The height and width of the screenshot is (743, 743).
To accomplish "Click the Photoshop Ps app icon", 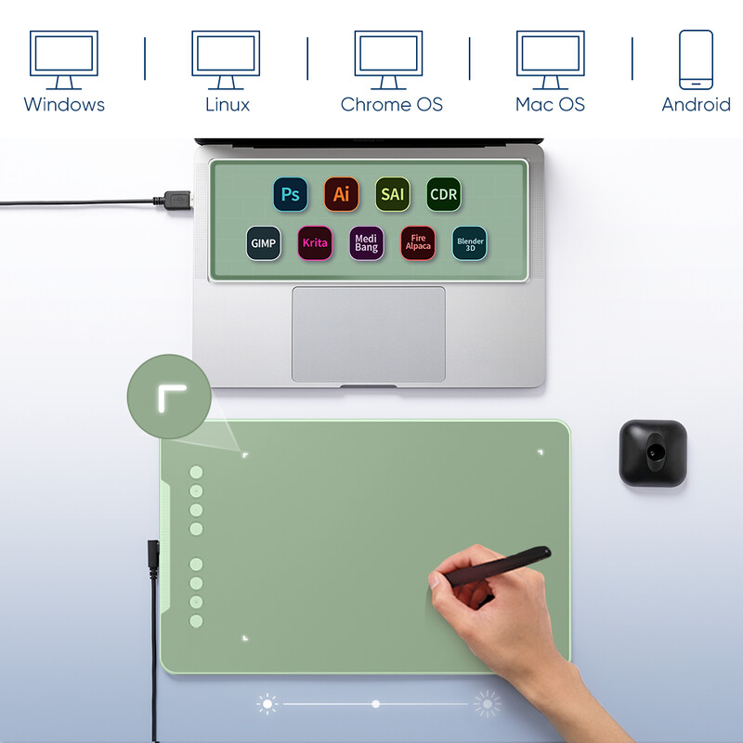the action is [291, 194].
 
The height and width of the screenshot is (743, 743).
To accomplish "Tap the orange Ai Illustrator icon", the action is [342, 194].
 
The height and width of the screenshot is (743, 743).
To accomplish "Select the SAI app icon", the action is [392, 194].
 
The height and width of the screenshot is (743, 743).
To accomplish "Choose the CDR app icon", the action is [444, 194].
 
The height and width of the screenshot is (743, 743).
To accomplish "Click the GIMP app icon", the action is [264, 243].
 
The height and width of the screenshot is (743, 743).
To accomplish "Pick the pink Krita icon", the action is [315, 243].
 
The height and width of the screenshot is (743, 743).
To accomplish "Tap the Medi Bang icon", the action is [366, 243].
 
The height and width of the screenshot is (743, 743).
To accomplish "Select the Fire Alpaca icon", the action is [418, 243].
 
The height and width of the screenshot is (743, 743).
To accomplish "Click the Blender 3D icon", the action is [470, 243].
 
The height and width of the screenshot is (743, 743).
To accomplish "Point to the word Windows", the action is [64, 104].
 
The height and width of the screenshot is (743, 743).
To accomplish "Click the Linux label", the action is [228, 104].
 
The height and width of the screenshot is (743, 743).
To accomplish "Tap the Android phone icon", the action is [696, 59].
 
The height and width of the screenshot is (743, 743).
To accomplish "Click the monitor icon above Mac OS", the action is [550, 60].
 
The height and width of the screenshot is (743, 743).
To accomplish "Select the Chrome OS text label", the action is [391, 104].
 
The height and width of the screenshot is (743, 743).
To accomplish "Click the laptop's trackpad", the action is [369, 334].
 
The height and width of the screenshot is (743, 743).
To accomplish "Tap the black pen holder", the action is [653, 453].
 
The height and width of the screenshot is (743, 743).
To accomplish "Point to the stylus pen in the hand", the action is [497, 567].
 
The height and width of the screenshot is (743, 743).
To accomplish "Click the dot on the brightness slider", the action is [376, 704].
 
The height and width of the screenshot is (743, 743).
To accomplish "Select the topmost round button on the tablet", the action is [196, 472].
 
